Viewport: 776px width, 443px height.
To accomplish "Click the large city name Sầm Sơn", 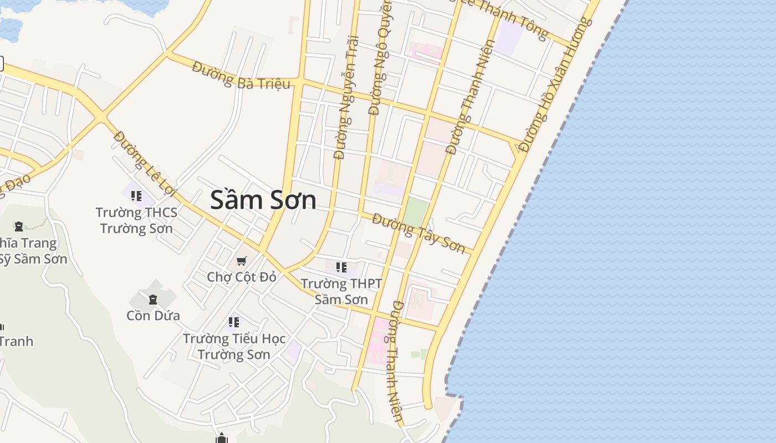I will (x=263, y=200).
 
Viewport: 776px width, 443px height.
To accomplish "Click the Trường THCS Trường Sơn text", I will (x=136, y=220).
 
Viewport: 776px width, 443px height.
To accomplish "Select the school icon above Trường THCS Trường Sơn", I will (x=136, y=195).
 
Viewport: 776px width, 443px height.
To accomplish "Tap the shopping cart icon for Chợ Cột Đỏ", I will (x=241, y=261).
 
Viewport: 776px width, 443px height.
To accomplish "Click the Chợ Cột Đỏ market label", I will (x=241, y=277).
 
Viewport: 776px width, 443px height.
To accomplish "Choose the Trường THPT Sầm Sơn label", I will (x=341, y=292).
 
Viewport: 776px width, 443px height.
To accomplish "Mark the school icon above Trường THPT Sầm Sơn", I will (x=341, y=268).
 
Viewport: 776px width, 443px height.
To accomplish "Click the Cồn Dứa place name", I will (x=153, y=316).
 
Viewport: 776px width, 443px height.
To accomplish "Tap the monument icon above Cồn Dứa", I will (x=153, y=300).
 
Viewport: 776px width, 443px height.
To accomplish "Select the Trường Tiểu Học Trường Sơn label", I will (x=234, y=346).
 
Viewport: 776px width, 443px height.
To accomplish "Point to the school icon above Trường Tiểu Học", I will (x=234, y=322).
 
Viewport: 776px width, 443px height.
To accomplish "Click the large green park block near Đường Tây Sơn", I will (x=416, y=213).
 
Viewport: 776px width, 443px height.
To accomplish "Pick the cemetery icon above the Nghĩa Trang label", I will (x=19, y=226).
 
